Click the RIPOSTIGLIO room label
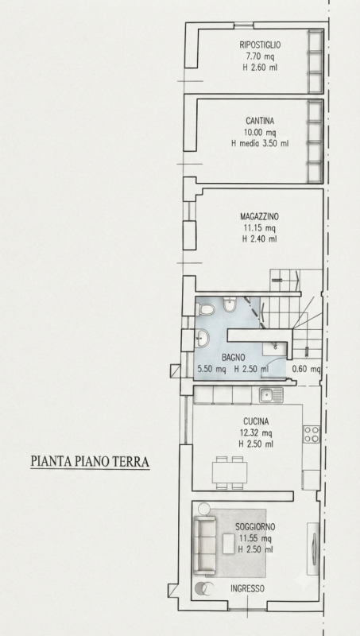[x=260, y=45]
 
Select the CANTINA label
[x=260, y=121]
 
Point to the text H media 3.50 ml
[x=260, y=143]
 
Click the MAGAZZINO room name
[x=259, y=216]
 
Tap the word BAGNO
[x=233, y=358]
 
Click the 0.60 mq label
[x=307, y=369]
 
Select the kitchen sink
[x=271, y=394]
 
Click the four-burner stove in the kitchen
[x=312, y=434]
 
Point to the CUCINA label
[x=256, y=421]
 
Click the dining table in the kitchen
[x=230, y=472]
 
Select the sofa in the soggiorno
[x=204, y=545]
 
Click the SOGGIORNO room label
[x=255, y=527]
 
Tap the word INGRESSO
[x=247, y=588]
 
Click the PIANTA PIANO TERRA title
[x=90, y=462]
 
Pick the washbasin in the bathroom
[x=202, y=338]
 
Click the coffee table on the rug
[x=229, y=544]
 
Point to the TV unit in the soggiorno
[x=313, y=549]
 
